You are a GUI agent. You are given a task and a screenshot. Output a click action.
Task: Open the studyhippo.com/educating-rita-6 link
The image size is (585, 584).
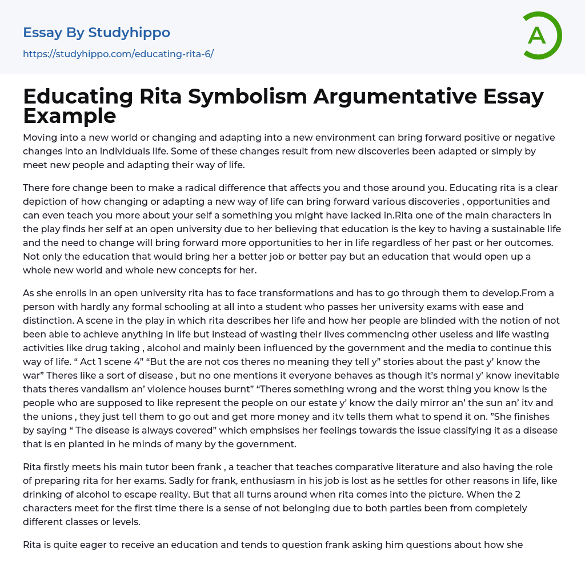[x=118, y=54]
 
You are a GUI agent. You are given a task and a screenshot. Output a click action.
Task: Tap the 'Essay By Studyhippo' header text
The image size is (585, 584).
[x=97, y=33]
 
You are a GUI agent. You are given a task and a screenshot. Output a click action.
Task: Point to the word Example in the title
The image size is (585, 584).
[x=70, y=116]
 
